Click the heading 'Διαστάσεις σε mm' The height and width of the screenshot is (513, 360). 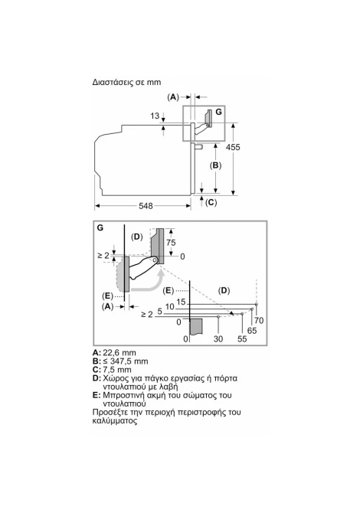(x=126, y=82)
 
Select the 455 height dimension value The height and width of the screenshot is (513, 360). (x=233, y=147)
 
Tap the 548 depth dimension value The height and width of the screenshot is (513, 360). (x=146, y=206)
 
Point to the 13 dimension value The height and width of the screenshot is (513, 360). (x=155, y=116)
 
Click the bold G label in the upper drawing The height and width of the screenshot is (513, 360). (x=218, y=112)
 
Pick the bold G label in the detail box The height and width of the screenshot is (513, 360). (x=100, y=227)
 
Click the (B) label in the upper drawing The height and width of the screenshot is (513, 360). (x=215, y=165)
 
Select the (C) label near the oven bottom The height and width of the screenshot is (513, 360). (x=211, y=202)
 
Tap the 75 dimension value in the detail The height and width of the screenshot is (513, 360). (x=171, y=243)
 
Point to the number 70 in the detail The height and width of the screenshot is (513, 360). (x=259, y=321)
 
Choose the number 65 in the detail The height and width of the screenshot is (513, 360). (x=252, y=331)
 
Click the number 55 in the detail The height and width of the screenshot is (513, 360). (x=242, y=339)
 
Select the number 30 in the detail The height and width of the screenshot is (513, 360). (x=218, y=339)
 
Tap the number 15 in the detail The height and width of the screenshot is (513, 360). (x=181, y=302)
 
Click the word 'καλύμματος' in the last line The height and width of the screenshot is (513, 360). (x=115, y=421)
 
